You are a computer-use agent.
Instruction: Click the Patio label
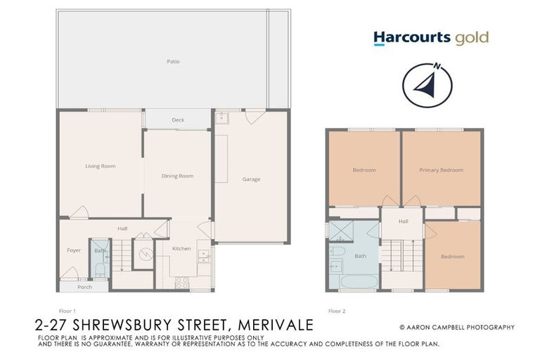click(173, 62)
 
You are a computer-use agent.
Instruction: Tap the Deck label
click(178, 120)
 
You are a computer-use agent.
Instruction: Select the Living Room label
click(100, 167)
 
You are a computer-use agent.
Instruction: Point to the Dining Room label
click(177, 176)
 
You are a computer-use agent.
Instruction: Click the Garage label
click(251, 179)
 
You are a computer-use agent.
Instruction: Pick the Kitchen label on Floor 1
click(182, 249)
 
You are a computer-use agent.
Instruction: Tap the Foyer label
click(74, 250)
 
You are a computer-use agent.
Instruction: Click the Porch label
click(84, 287)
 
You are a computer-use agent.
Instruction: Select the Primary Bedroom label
click(441, 170)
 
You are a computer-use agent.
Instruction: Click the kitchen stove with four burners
click(181, 283)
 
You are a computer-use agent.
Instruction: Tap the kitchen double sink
click(203, 255)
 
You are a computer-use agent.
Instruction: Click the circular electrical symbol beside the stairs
click(143, 255)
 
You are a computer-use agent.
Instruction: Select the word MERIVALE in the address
click(276, 326)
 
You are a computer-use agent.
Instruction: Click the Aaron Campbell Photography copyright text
click(456, 327)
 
